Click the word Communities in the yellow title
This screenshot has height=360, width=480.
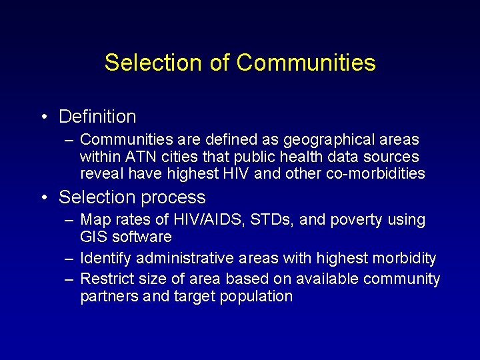(x=305, y=63)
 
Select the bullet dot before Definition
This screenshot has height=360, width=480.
(x=43, y=117)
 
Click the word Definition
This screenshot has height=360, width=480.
(x=97, y=117)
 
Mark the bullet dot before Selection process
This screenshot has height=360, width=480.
(x=43, y=198)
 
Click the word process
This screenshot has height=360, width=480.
(x=175, y=198)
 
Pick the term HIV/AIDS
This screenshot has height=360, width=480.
(x=197, y=220)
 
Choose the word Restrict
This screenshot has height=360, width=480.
(x=109, y=279)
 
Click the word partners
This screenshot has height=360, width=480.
(x=109, y=296)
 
